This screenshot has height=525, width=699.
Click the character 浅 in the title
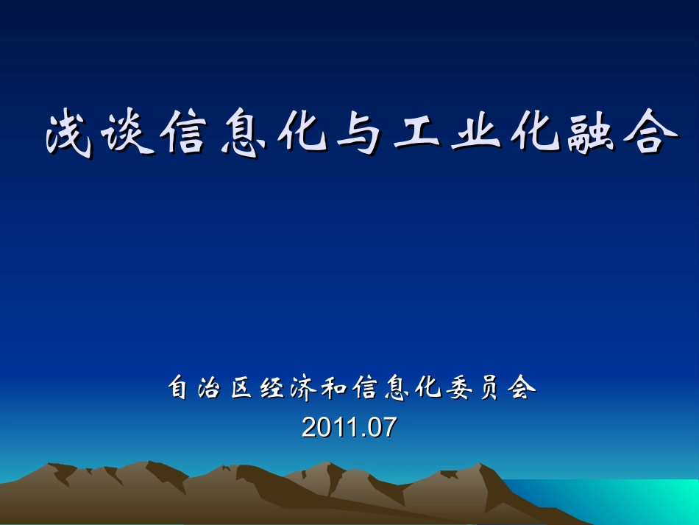point(70,135)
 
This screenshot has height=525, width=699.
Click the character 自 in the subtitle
point(179,388)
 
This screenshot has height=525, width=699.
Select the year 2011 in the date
point(327,428)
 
